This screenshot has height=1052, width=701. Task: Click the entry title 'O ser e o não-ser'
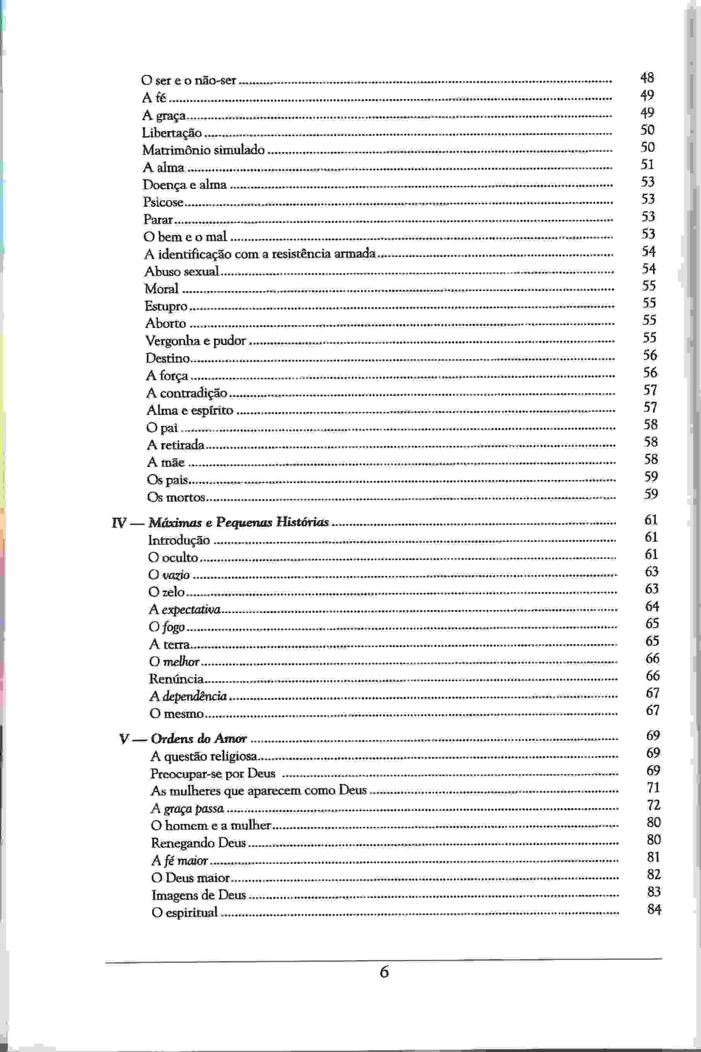pyautogui.click(x=188, y=81)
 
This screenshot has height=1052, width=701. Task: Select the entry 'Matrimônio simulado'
pyautogui.click(x=203, y=150)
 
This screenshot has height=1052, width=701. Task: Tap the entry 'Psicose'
pyautogui.click(x=163, y=202)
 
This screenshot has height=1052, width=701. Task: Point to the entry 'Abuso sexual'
pyautogui.click(x=182, y=272)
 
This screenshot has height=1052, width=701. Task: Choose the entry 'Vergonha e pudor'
pyautogui.click(x=195, y=341)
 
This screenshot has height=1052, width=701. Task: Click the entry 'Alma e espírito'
pyautogui.click(x=190, y=410)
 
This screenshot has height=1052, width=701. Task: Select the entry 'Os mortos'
pyautogui.click(x=176, y=497)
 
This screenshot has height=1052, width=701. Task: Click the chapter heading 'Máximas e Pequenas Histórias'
pyautogui.click(x=238, y=522)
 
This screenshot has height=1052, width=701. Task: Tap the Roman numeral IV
pyautogui.click(x=119, y=523)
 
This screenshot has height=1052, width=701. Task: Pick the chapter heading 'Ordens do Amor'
pyautogui.click(x=198, y=739)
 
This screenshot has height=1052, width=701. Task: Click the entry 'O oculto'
pyautogui.click(x=173, y=558)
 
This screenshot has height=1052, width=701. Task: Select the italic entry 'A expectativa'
pyautogui.click(x=185, y=610)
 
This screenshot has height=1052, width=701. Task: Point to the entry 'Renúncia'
pyautogui.click(x=176, y=679)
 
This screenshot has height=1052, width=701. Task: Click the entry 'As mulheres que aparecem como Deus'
pyautogui.click(x=258, y=791)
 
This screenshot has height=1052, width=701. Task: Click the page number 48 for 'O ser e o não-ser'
pyautogui.click(x=647, y=78)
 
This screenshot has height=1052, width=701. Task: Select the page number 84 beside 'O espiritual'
pyautogui.click(x=654, y=909)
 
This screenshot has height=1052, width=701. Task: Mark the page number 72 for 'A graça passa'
pyautogui.click(x=654, y=805)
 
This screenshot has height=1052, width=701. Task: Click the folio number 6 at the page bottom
pyautogui.click(x=384, y=972)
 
